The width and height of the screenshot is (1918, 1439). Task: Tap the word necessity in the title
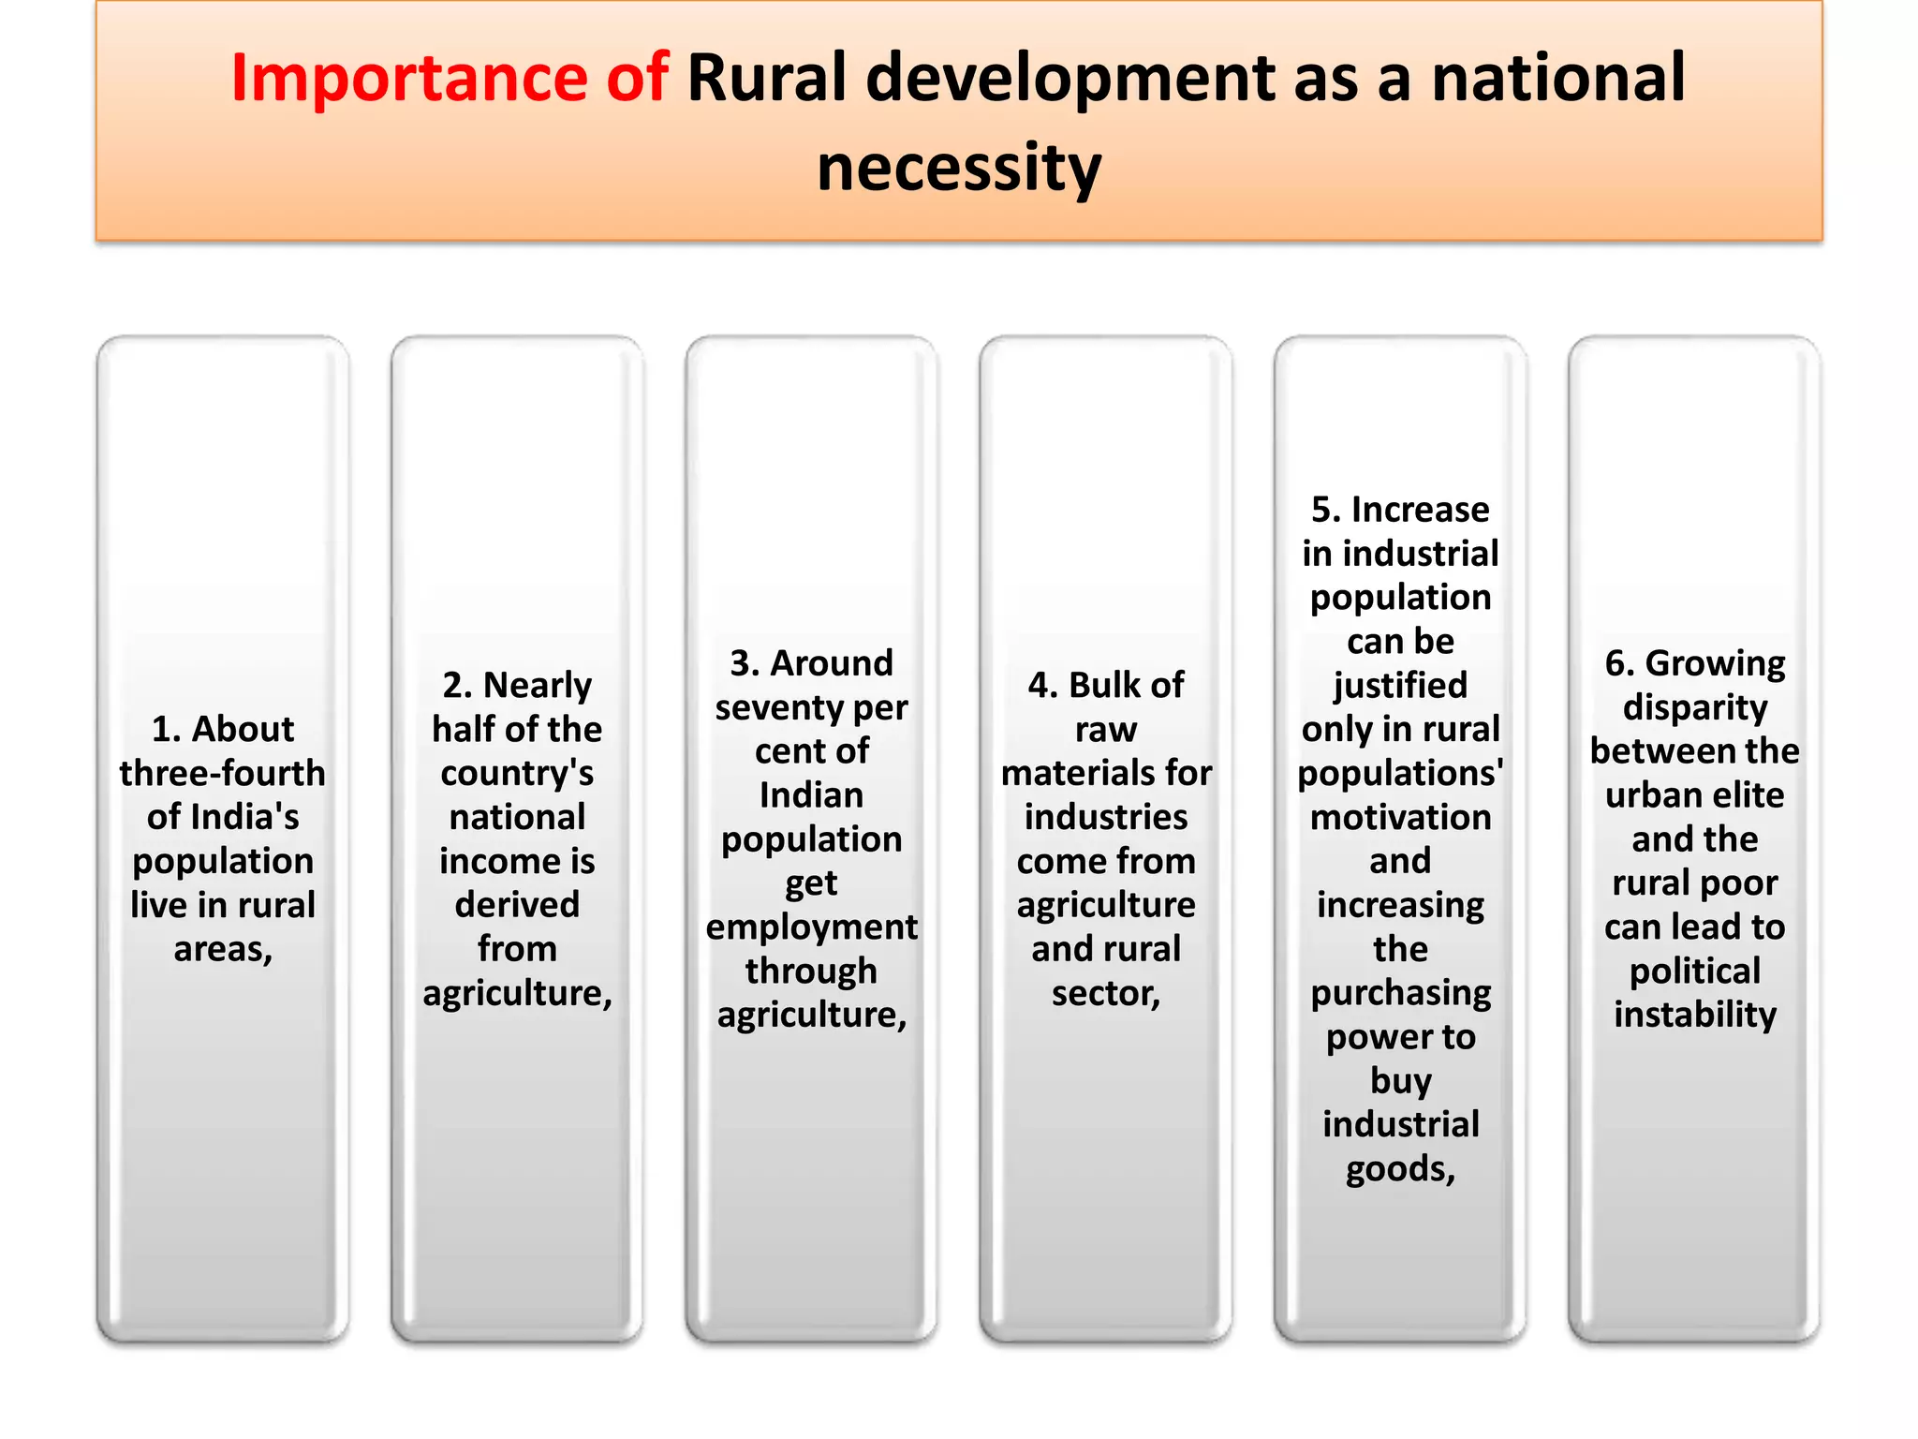click(x=959, y=169)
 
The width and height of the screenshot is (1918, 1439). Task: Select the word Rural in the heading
click(x=766, y=79)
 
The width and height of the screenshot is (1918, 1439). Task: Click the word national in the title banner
click(x=1558, y=79)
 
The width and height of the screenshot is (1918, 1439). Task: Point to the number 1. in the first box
click(x=166, y=729)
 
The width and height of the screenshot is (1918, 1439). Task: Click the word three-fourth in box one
click(x=223, y=773)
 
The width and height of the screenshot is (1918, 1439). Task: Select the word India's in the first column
click(x=247, y=817)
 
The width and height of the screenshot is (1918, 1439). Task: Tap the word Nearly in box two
click(x=538, y=686)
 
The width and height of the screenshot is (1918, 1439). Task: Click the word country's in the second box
click(x=517, y=774)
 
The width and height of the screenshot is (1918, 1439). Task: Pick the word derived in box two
click(x=517, y=905)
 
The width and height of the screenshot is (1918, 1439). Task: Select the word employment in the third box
click(x=811, y=927)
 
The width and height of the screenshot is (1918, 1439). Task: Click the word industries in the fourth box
click(x=1106, y=817)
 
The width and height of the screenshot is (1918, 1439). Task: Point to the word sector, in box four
click(x=1106, y=993)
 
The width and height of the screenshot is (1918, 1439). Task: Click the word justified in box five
click(x=1400, y=686)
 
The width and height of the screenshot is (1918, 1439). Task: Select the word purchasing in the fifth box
click(x=1400, y=993)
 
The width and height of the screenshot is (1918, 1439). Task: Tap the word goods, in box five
click(x=1400, y=1169)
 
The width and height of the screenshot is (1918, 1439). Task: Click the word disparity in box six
click(x=1695, y=708)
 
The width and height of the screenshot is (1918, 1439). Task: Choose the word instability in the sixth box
click(x=1695, y=1015)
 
